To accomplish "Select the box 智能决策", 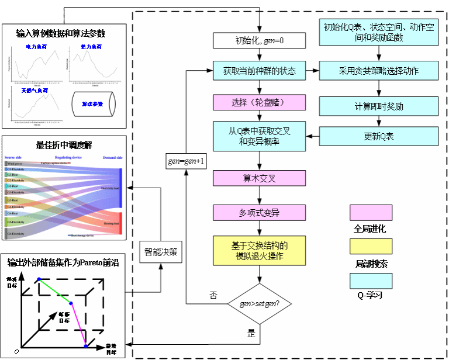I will [x=161, y=252].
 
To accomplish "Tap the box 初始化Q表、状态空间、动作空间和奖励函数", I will [x=379, y=33].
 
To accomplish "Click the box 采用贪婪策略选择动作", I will [x=379, y=71].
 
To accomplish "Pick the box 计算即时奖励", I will [x=379, y=106].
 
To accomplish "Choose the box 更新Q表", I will [x=379, y=136].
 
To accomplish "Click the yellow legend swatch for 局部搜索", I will [x=371, y=247].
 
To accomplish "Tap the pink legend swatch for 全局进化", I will [x=371, y=213].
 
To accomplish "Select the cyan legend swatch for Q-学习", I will [x=371, y=281].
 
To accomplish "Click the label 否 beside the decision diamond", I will [x=213, y=295].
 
